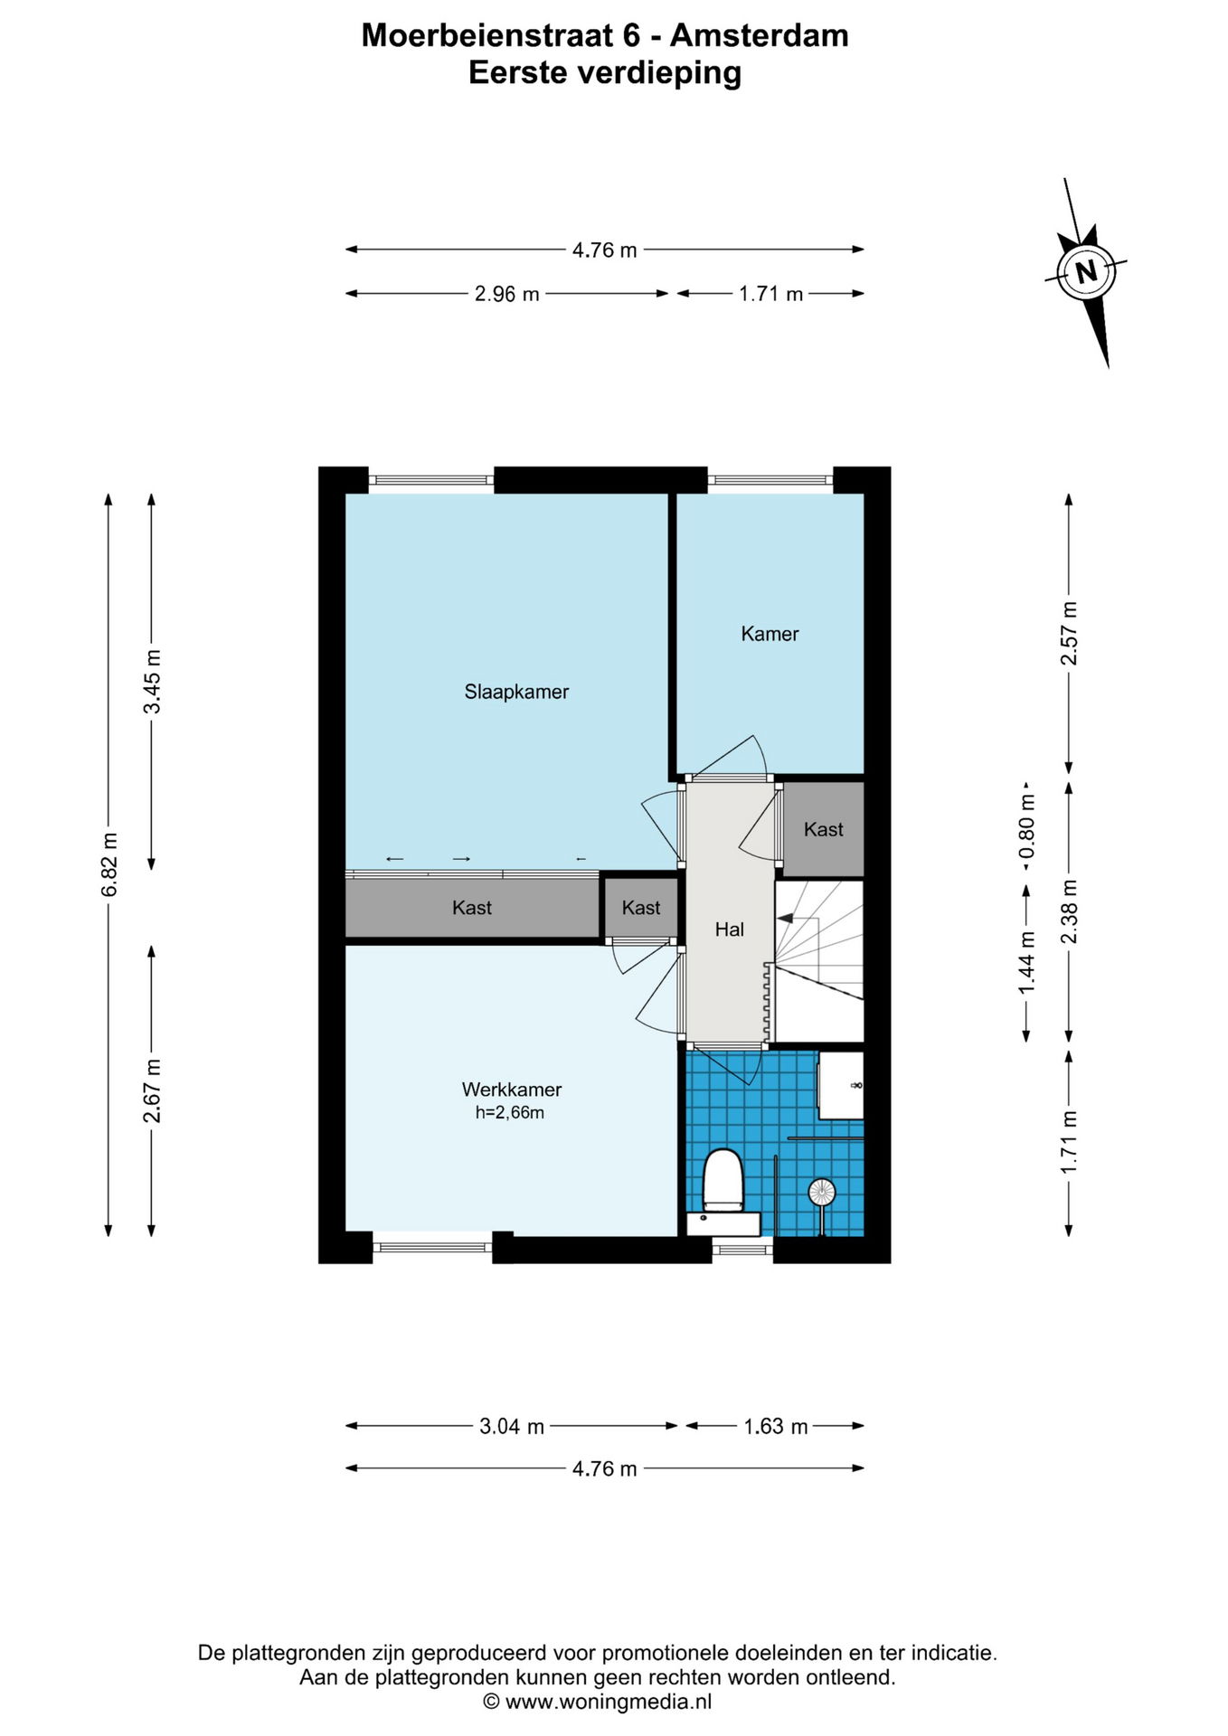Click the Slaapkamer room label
[x=516, y=692]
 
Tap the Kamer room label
[x=770, y=634]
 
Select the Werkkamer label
[x=512, y=1090]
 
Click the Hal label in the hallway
[x=730, y=929]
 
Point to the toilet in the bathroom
[x=723, y=1181]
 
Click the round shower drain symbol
[x=821, y=1192]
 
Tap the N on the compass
[x=1086, y=270]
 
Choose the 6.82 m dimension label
[x=109, y=864]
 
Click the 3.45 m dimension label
[x=152, y=681]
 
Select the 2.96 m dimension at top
[x=507, y=294]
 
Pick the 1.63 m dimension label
[x=776, y=1426]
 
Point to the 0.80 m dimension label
[x=1026, y=826]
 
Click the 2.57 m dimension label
[x=1069, y=633]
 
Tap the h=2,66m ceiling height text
[x=510, y=1113]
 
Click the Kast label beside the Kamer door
[x=823, y=829]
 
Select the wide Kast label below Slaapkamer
[x=472, y=908]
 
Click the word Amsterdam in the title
[x=760, y=35]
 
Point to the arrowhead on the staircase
[x=785, y=918]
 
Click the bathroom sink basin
[x=841, y=1084]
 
